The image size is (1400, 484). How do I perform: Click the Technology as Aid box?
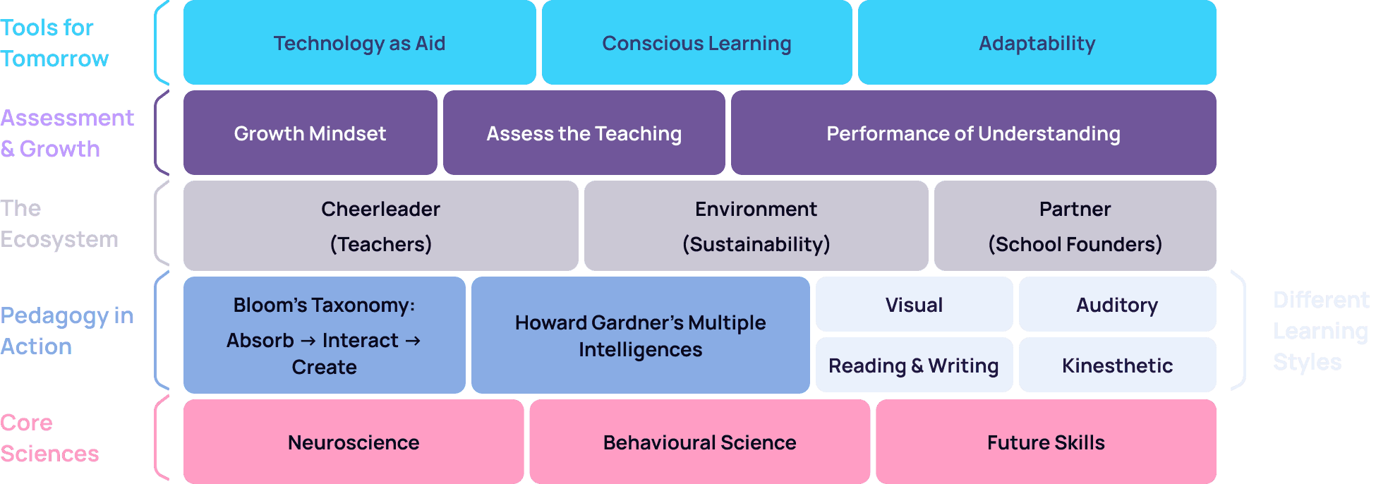[x=359, y=43]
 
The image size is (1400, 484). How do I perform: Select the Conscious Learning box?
[x=696, y=43]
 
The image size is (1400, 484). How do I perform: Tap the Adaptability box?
[x=1037, y=43]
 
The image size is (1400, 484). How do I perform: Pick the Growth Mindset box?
[x=310, y=133]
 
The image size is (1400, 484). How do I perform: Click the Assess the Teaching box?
[x=584, y=133]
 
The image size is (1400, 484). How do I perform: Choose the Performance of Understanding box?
[x=973, y=133]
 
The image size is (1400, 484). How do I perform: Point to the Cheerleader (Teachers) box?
[x=380, y=226]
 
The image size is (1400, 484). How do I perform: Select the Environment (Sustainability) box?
[x=756, y=226]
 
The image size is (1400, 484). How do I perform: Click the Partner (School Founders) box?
[x=1075, y=226]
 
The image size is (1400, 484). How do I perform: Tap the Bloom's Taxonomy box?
[x=324, y=335]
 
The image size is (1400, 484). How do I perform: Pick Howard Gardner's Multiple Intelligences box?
[x=640, y=335]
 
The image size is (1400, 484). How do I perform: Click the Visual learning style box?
[x=914, y=305]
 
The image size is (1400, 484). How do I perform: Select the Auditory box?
[x=1117, y=305]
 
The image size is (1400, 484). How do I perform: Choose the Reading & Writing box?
[x=914, y=365]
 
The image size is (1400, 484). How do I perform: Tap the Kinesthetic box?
[x=1117, y=365]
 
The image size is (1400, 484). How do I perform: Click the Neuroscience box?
[x=354, y=442]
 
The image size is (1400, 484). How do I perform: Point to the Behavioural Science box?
[x=699, y=442]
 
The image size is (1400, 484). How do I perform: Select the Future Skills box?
[x=1046, y=442]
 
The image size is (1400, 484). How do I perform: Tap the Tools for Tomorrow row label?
[x=54, y=43]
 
